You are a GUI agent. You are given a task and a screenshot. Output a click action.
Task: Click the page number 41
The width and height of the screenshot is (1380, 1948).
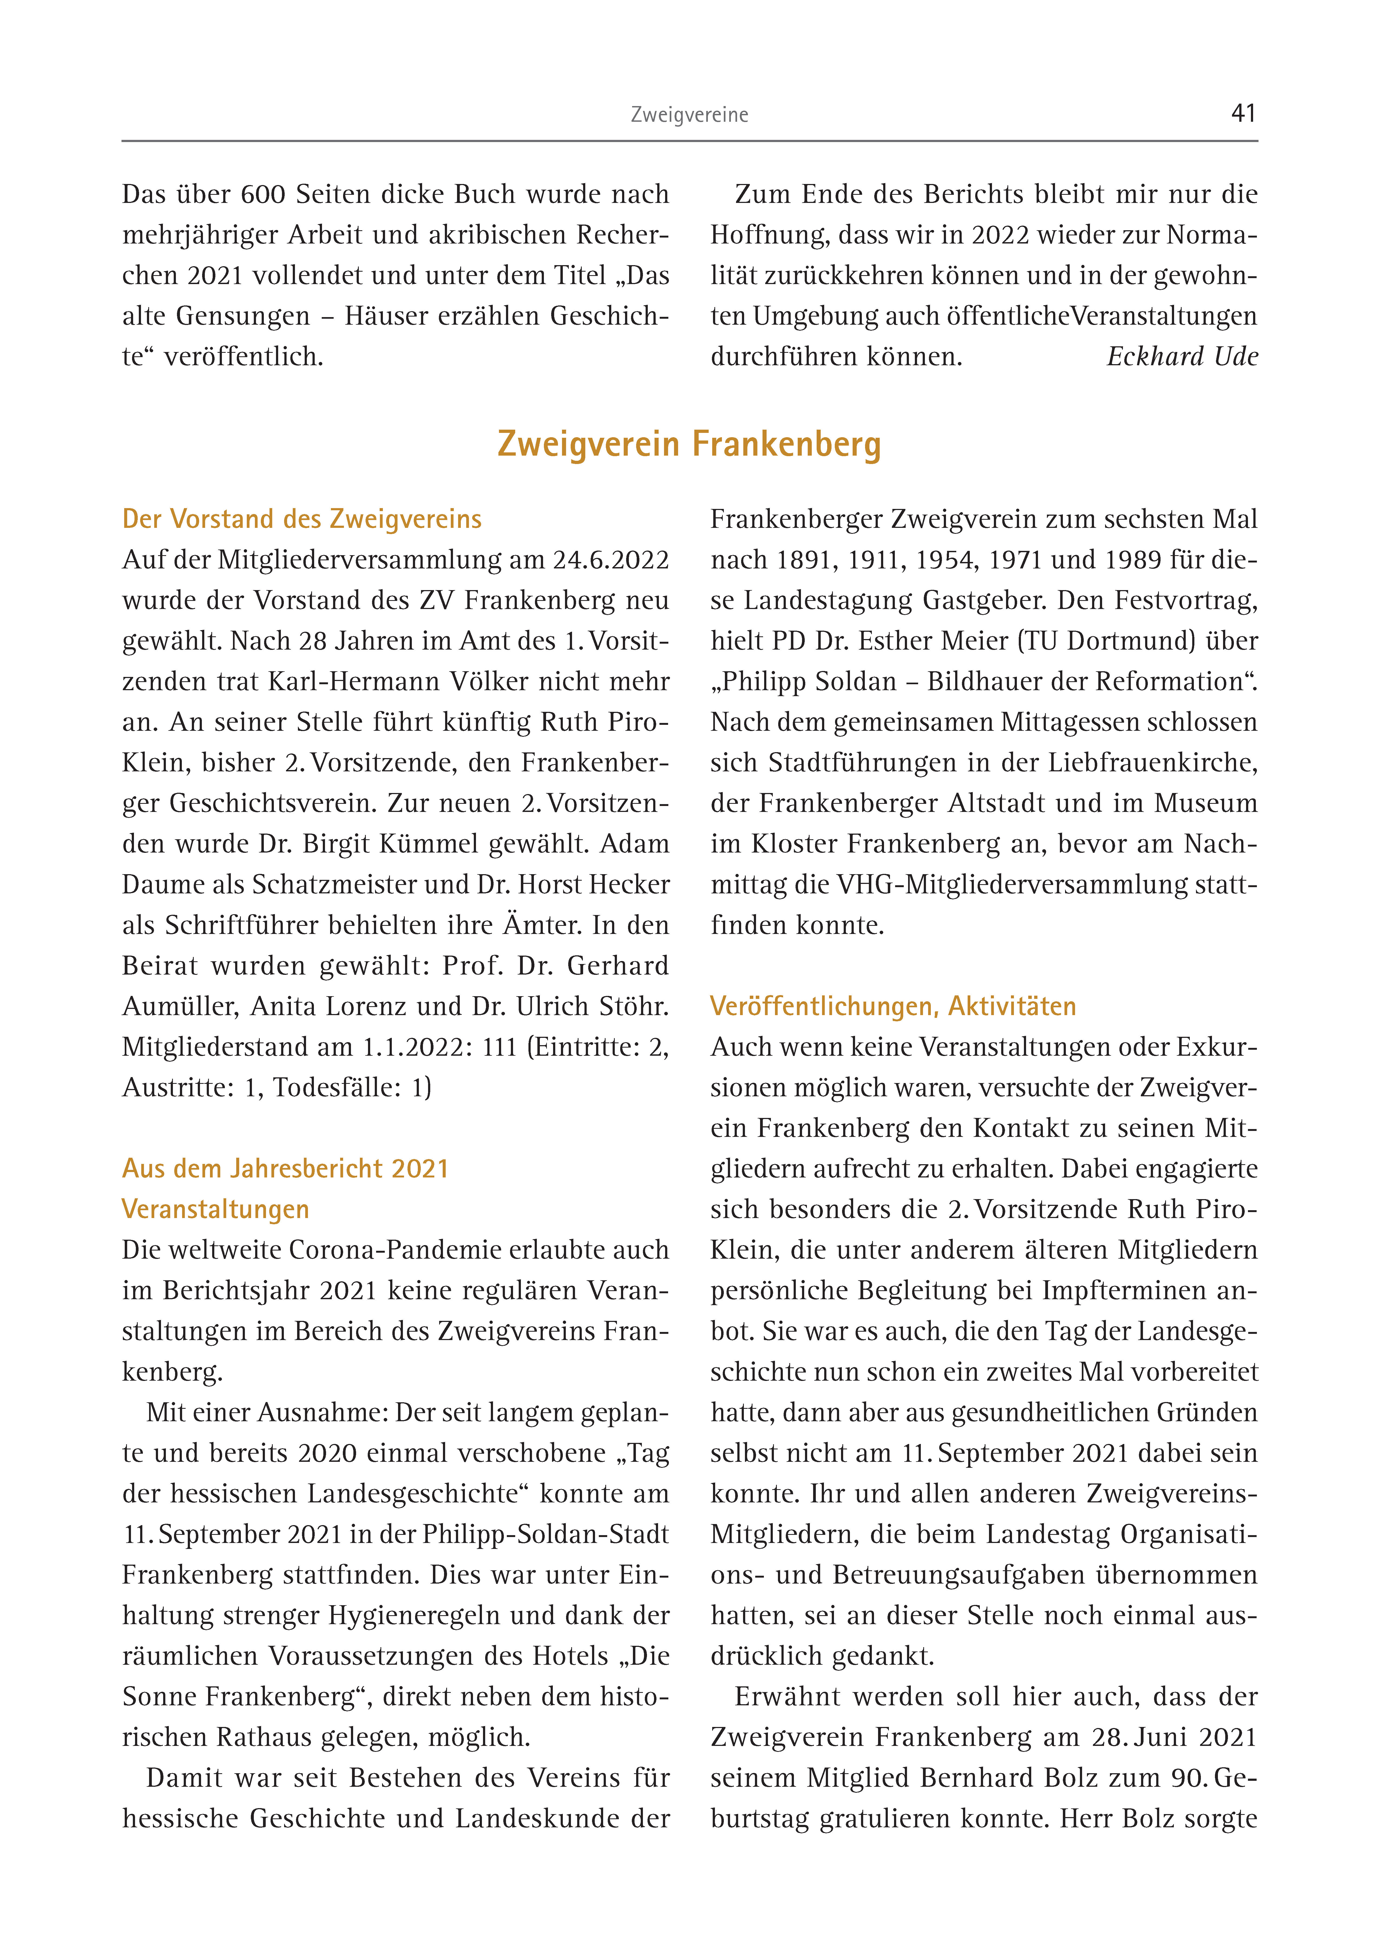coord(1243,113)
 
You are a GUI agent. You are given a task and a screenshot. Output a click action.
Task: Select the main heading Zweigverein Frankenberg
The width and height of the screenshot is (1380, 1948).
coord(689,444)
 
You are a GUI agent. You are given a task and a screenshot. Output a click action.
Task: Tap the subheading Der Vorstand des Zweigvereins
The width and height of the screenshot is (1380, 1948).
coord(302,519)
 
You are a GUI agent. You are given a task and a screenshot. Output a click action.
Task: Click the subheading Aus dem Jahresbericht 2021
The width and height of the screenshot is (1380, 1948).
coord(285,1169)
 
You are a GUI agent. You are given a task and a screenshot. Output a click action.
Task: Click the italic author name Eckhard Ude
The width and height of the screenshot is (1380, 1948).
coord(1182,357)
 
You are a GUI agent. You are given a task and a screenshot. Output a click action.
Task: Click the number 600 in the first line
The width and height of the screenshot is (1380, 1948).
coord(264,195)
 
